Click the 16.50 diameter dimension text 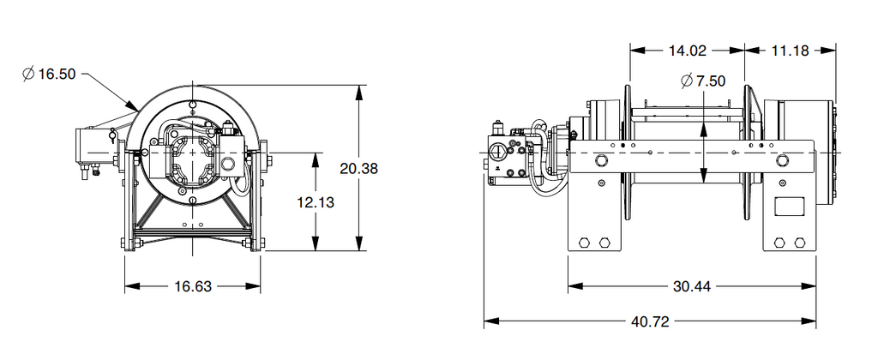click(57, 75)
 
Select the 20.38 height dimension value click(358, 168)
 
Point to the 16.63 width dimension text click(193, 286)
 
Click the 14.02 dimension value click(687, 51)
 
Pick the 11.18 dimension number click(790, 51)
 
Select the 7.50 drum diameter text click(711, 81)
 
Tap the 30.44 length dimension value click(692, 285)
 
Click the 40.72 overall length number click(649, 321)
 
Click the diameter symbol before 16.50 click(27, 75)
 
